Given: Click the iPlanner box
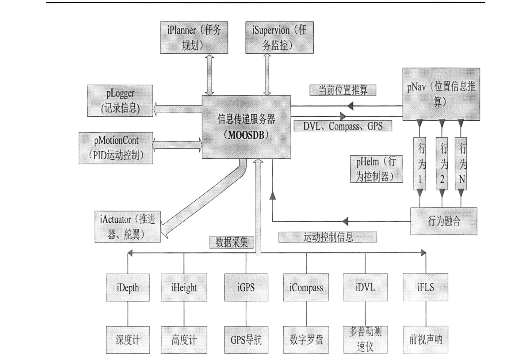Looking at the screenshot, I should click(x=194, y=37).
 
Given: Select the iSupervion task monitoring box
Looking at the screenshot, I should click(x=279, y=37).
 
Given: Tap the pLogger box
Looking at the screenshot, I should click(x=120, y=101).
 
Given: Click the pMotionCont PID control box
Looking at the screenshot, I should click(x=116, y=148).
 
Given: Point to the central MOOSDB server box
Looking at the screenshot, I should click(x=246, y=127).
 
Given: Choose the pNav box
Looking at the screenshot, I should click(x=441, y=94).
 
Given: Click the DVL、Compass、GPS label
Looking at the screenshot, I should click(x=343, y=126).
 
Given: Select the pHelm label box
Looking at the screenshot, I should click(x=377, y=169).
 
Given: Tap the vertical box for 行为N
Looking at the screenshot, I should click(x=461, y=163).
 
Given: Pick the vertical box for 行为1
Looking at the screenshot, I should click(x=420, y=163).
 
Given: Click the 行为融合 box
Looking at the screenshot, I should click(x=444, y=221).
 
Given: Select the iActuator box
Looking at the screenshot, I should click(x=128, y=226).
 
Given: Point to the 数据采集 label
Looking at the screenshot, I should click(x=232, y=242).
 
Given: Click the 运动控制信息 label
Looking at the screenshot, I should click(x=327, y=237).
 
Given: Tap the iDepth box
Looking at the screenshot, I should click(x=128, y=288).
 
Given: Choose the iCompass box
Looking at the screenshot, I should click(x=306, y=288).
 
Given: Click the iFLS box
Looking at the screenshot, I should click(x=426, y=288).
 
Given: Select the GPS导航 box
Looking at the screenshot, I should click(x=246, y=340).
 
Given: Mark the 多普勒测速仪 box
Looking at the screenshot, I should click(x=365, y=340).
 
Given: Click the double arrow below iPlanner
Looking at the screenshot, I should click(x=209, y=75).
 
